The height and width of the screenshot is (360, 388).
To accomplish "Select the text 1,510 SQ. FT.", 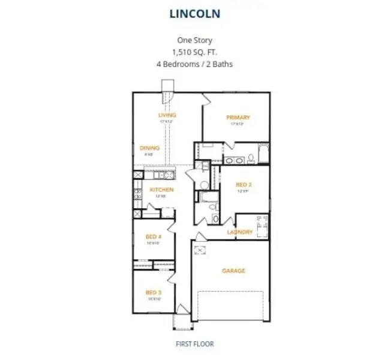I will tap(194, 52).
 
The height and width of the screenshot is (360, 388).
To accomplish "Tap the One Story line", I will tap(194, 41).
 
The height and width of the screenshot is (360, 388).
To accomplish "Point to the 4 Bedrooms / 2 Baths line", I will tap(194, 63).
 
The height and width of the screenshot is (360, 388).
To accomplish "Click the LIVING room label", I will tap(167, 115).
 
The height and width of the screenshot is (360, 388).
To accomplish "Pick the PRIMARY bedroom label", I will tap(238, 118).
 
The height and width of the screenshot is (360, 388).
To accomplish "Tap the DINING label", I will tap(149, 148).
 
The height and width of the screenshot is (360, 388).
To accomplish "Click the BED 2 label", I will tap(243, 185).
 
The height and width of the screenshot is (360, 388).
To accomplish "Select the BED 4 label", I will tap(154, 237).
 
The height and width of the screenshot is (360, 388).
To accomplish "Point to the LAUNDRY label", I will tap(239, 232).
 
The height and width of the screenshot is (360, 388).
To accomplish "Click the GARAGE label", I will tap(233, 271).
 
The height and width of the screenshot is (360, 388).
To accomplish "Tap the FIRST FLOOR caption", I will tap(194, 344).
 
